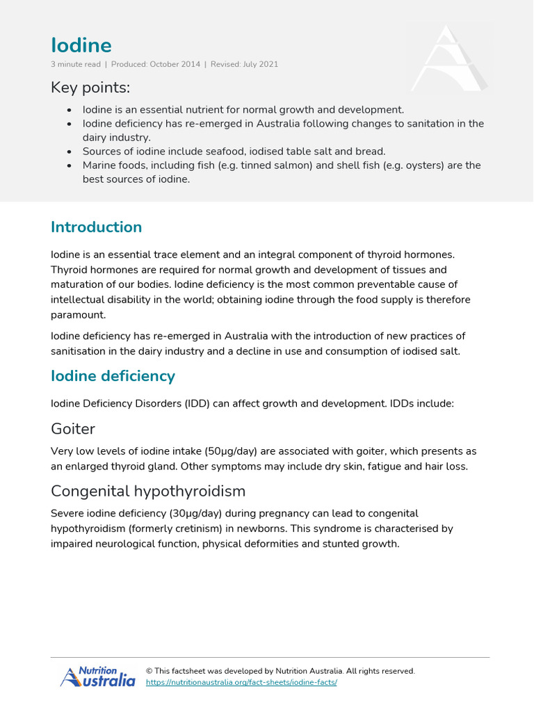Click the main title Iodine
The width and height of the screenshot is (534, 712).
pos(81,45)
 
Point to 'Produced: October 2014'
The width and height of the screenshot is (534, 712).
pos(155,65)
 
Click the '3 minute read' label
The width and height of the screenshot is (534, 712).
pos(76,65)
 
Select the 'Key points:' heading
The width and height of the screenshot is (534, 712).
pos(90,88)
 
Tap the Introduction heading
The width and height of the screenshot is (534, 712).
pos(96,227)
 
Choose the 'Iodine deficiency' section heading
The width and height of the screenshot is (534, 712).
pos(113,376)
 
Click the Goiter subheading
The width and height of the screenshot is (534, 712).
pos(73,428)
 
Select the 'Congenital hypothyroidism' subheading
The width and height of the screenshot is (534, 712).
pos(148,491)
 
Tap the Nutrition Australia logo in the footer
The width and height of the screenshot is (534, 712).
pos(97,677)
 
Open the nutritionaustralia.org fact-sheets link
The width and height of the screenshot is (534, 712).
pos(241,683)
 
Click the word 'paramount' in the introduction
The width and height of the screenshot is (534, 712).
pos(77,315)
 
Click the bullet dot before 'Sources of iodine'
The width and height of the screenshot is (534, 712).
pos(69,152)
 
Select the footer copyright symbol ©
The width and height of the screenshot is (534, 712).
pos(149,671)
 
